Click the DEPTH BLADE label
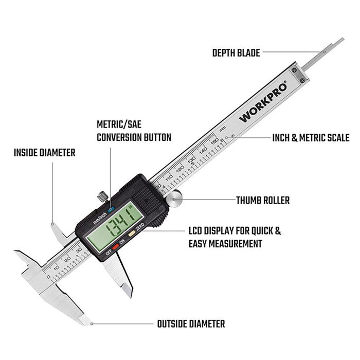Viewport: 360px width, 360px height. coord(236,52)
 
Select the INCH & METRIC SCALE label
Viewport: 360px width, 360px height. coord(311,138)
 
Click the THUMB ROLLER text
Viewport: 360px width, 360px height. coord(262,200)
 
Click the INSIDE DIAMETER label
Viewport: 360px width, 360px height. coord(44,153)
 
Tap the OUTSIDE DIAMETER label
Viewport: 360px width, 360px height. coord(191,324)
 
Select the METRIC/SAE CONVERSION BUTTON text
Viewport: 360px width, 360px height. coord(134,131)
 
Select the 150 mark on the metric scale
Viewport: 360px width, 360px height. coord(212,138)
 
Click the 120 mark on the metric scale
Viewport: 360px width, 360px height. coord(180,168)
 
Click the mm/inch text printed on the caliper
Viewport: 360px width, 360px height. coord(99,216)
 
